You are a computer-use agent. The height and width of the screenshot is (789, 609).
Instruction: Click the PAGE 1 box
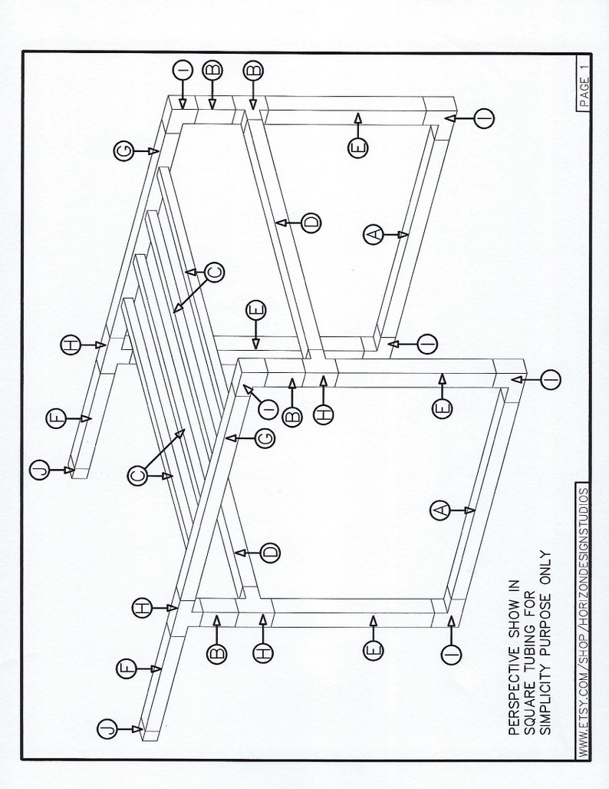(x=584, y=84)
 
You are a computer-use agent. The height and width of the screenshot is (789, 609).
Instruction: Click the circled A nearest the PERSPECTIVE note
(x=440, y=510)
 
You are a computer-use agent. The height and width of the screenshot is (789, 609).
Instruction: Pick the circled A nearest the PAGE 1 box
(x=373, y=235)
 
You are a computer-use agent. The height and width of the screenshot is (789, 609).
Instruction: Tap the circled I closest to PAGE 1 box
(x=484, y=119)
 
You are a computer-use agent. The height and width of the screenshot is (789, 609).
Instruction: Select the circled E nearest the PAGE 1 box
(x=357, y=148)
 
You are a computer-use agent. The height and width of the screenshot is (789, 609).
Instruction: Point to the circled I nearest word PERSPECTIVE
(x=451, y=655)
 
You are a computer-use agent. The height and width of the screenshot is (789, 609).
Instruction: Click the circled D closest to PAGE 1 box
(x=311, y=223)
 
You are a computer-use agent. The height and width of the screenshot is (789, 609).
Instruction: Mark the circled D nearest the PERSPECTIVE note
(x=270, y=553)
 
